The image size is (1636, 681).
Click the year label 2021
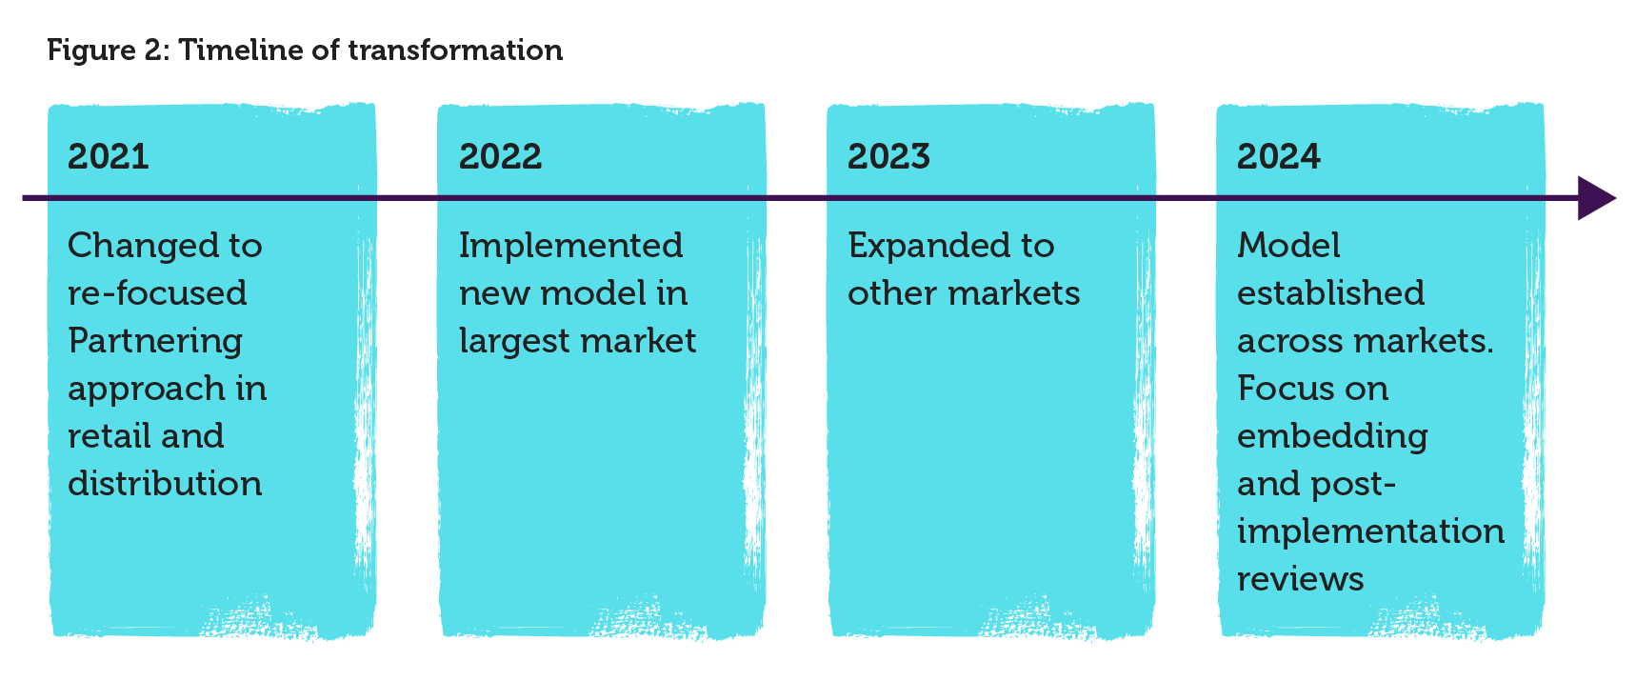[x=109, y=156]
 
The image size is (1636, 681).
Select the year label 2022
[x=500, y=156]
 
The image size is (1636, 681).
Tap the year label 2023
[x=888, y=156]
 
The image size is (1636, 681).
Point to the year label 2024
[x=1279, y=156]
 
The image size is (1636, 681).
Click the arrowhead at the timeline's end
[x=1597, y=198]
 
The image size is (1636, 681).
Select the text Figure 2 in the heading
[x=108, y=50]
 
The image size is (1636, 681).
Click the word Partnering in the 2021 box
[x=155, y=341]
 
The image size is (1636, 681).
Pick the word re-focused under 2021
[x=157, y=293]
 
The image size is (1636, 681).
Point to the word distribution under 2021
[x=165, y=484]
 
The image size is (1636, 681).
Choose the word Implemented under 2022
[x=570, y=247]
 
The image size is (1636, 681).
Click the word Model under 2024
[x=1288, y=246]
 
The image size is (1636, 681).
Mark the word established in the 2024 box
[x=1331, y=293]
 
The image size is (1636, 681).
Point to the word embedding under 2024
[x=1332, y=437]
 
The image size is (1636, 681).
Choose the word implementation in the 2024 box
[x=1371, y=532]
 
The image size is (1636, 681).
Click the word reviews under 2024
[x=1301, y=580]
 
